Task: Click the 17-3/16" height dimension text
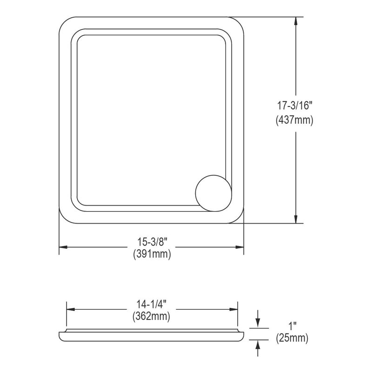294,106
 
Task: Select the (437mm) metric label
294,120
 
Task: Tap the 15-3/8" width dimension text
153,242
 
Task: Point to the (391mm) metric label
152,254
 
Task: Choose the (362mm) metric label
152,316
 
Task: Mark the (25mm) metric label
292,338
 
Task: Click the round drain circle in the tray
213,193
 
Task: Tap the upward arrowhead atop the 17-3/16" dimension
296,21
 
